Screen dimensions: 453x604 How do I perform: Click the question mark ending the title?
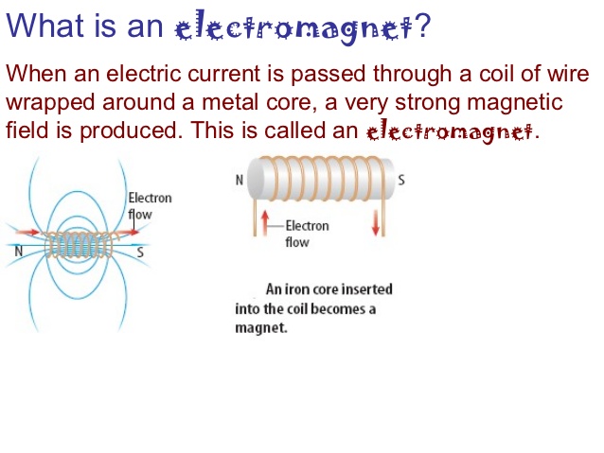point(423,25)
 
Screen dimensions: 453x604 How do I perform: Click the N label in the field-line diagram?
point(18,252)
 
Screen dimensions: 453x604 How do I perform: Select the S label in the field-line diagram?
point(139,252)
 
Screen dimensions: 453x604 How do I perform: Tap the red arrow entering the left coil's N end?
point(27,231)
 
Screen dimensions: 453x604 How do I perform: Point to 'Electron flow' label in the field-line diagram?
point(150,205)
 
